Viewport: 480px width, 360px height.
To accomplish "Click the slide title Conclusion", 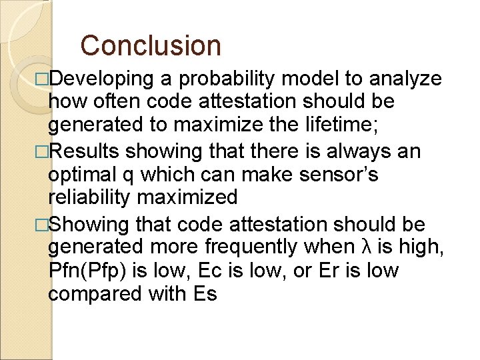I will click(150, 45).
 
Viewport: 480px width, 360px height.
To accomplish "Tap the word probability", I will click(223, 79).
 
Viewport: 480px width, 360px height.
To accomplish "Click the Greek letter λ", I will click(364, 247).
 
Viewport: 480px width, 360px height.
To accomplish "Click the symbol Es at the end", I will click(203, 294).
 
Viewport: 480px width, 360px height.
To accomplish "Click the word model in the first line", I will click(311, 79).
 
